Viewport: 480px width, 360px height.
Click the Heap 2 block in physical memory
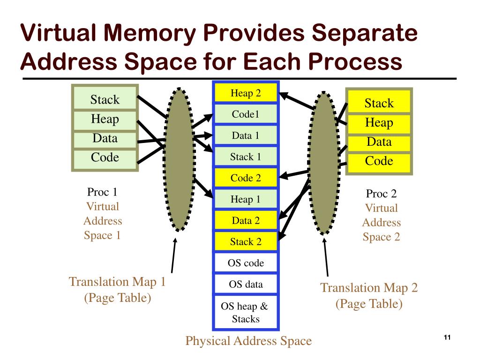pos(246,93)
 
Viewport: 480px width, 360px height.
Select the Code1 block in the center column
pos(246,114)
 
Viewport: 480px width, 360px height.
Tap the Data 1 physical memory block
pos(246,136)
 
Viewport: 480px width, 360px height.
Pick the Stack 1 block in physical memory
pos(246,157)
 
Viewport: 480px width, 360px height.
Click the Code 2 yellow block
pos(246,178)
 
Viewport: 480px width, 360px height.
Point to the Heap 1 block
pos(246,200)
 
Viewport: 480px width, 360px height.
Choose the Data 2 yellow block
pos(246,221)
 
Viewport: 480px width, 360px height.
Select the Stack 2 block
pos(246,242)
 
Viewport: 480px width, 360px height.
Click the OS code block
pos(246,263)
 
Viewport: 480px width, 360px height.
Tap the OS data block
pos(246,285)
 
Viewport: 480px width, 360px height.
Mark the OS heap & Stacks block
pos(246,313)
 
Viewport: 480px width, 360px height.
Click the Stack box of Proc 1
pos(105,99)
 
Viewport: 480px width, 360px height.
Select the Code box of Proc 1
pos(105,157)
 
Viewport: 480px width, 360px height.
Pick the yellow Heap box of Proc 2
pos(379,123)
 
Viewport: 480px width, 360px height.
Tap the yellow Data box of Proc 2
pos(379,142)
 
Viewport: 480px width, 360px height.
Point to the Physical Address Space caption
pos(248,341)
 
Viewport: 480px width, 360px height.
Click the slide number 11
pos(446,338)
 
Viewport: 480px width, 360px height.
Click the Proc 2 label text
pos(381,194)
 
